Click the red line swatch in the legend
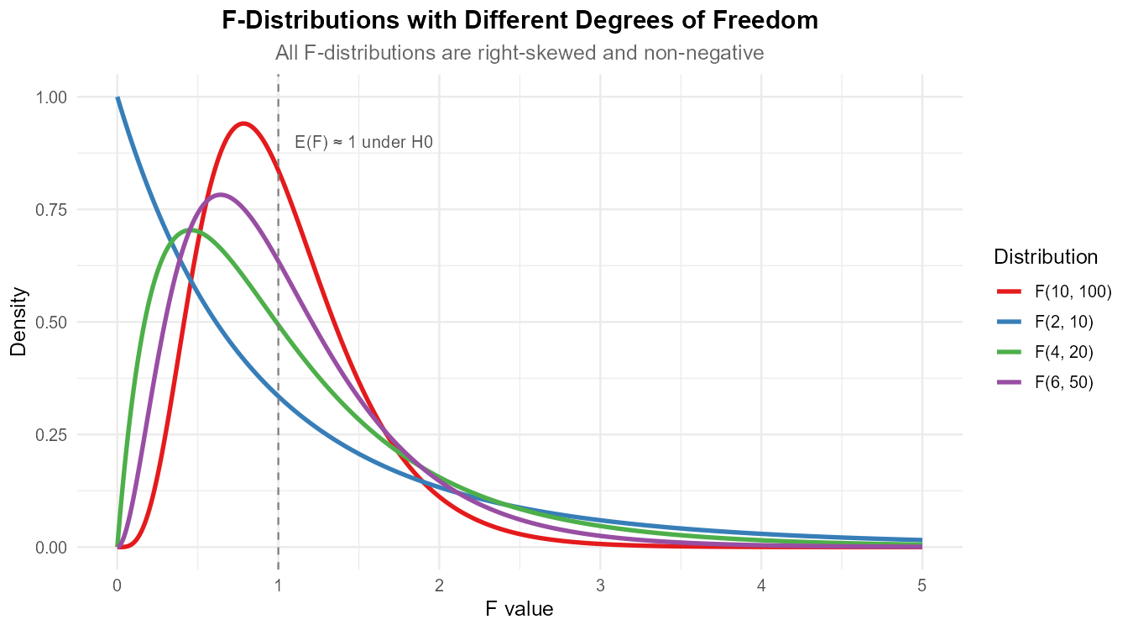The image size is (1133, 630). [x=1009, y=291]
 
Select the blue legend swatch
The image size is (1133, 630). [x=1009, y=322]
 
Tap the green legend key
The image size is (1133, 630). [x=1009, y=352]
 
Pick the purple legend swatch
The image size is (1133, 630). [x=1009, y=382]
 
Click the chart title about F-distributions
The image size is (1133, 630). [x=520, y=53]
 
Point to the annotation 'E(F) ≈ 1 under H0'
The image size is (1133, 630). [x=364, y=143]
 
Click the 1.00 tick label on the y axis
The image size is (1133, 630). [x=50, y=97]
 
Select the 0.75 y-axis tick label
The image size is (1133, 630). [x=50, y=209]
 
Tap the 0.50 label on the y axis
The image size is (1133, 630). [x=50, y=322]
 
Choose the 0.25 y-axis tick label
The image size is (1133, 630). [x=50, y=434]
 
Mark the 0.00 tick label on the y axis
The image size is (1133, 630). [x=50, y=547]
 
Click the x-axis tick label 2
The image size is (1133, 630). [x=439, y=585]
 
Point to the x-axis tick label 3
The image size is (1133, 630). [x=600, y=585]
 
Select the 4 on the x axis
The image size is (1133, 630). [x=761, y=585]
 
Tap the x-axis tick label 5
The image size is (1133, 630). [x=922, y=585]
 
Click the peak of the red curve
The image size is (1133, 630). [x=243, y=123]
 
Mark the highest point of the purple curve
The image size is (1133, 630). [x=222, y=195]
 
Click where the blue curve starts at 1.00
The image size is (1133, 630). [x=117, y=97]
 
